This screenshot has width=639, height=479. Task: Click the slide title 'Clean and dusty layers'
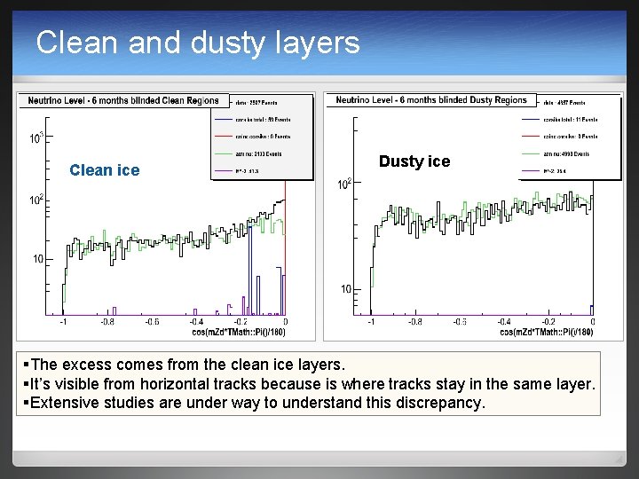(198, 43)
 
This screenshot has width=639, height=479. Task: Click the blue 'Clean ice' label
(104, 170)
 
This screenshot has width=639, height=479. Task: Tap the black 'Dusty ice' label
(414, 161)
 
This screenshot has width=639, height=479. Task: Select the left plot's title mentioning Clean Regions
(123, 100)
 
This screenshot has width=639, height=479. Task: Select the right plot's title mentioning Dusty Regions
(431, 100)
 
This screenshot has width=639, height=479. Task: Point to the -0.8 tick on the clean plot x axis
(107, 323)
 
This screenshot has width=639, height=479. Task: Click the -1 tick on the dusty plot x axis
(371, 323)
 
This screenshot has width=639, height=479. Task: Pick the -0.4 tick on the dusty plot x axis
(503, 323)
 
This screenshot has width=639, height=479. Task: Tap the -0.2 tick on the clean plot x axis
(240, 323)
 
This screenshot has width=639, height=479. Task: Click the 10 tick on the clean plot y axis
(38, 259)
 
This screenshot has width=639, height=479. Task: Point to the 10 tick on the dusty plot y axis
(346, 289)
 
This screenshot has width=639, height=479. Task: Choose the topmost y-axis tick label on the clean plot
(36, 138)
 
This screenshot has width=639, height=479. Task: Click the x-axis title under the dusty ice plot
(546, 333)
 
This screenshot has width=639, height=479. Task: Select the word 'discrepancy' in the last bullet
(436, 403)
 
